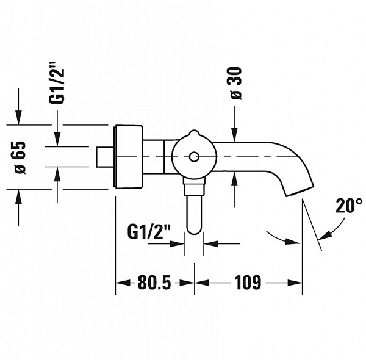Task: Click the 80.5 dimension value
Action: point(154,283)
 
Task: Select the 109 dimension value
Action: point(248,283)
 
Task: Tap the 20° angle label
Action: point(349,206)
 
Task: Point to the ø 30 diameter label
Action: point(235,83)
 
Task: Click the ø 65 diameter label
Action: point(20,157)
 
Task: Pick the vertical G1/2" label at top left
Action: point(56,83)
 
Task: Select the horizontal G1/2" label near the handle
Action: point(149,231)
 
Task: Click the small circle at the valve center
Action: point(194,157)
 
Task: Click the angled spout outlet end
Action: point(300,191)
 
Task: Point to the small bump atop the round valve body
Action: point(193,133)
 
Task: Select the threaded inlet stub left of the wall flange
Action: point(105,157)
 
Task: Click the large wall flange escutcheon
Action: point(128,156)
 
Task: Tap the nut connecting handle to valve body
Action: point(194,187)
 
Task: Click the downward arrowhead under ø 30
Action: point(234,135)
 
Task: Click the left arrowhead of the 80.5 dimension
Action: point(123,283)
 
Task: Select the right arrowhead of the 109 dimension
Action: point(295,283)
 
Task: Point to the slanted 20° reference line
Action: point(312,225)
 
